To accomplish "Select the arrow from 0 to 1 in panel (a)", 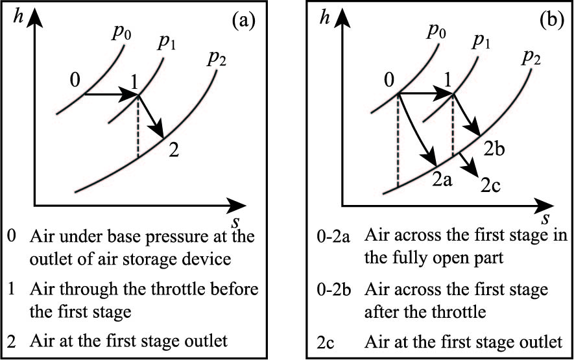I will click(x=110, y=95).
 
